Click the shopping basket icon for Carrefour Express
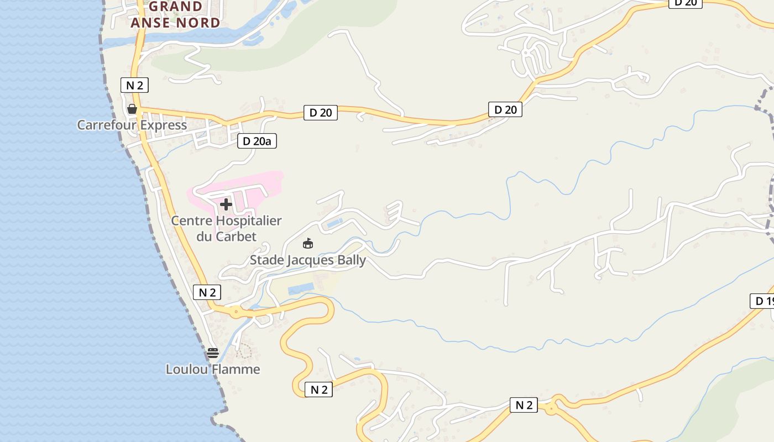pyautogui.click(x=132, y=109)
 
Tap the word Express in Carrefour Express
pyautogui.click(x=164, y=125)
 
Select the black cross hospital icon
pyautogui.click(x=226, y=204)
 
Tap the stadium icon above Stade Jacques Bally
pyautogui.click(x=308, y=243)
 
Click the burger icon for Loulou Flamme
pyautogui.click(x=213, y=352)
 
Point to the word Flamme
pyautogui.click(x=238, y=369)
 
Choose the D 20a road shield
pyautogui.click(x=257, y=141)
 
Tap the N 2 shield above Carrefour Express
pyautogui.click(x=134, y=85)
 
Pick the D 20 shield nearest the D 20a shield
pyautogui.click(x=320, y=113)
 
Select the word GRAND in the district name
pyautogui.click(x=176, y=7)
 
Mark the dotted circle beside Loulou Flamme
pyautogui.click(x=243, y=350)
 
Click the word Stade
pyautogui.click(x=266, y=260)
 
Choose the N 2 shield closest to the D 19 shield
pyautogui.click(x=524, y=405)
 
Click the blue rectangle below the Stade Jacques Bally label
pyautogui.click(x=301, y=289)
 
